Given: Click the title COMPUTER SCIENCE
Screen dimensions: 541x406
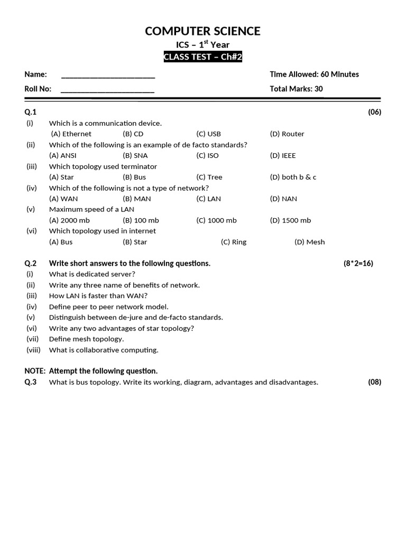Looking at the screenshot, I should click(x=202, y=31).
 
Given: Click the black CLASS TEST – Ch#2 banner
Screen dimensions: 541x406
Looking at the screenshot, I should click(x=202, y=57).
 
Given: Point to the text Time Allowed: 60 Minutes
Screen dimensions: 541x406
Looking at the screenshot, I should click(x=314, y=74).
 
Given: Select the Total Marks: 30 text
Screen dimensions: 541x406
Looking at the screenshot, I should click(x=296, y=89).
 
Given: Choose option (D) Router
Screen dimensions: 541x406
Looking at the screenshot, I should click(x=287, y=134).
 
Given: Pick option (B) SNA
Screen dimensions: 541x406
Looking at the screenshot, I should click(x=135, y=156).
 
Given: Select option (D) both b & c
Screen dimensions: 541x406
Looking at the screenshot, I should click(x=293, y=178).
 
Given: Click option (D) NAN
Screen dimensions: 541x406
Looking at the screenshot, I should click(x=283, y=199).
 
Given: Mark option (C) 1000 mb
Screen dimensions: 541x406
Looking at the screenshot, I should click(x=216, y=221).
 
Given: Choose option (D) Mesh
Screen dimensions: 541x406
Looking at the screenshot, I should click(x=310, y=242).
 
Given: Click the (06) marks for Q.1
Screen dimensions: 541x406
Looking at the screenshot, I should click(x=374, y=112).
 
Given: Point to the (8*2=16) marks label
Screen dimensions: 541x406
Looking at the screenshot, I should click(x=358, y=264).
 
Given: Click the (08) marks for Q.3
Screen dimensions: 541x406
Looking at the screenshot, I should click(x=374, y=383).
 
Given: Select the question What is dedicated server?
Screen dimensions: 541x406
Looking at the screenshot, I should click(x=92, y=274).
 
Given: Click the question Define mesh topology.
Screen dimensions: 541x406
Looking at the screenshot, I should click(x=86, y=339).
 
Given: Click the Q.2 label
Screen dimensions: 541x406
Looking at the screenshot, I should click(x=30, y=264).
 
